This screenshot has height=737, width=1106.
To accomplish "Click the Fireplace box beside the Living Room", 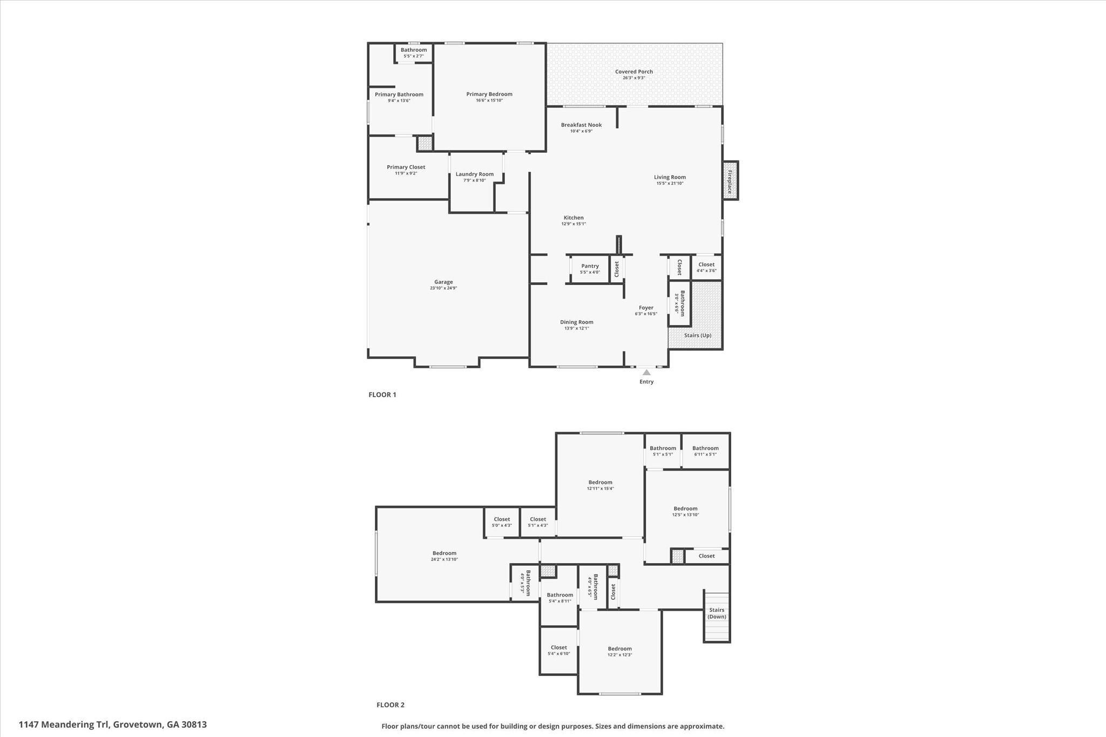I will pos(730,181).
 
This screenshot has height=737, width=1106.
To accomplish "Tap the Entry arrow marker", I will pos(646,372).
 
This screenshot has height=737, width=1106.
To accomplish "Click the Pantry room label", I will pos(590,266).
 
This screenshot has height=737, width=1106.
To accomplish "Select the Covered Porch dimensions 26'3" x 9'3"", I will pos(633,78).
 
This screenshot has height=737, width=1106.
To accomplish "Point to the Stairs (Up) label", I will pos(697,335).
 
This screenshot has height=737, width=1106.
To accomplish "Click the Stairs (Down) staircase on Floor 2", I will pos(717,617).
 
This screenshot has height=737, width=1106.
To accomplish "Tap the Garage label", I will pos(443,282).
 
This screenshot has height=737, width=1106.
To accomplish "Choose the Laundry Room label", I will pos(474,174).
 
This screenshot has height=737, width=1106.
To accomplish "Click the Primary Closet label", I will pos(406,167).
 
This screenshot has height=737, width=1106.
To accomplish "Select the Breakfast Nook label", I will pos(581,125).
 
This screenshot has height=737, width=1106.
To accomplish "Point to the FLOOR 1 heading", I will pos(382,395).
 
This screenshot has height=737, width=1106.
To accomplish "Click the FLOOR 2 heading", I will pos(390,705).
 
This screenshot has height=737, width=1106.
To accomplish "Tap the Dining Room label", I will pos(576,322).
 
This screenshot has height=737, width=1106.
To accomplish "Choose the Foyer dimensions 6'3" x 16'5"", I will pos(646,314).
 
